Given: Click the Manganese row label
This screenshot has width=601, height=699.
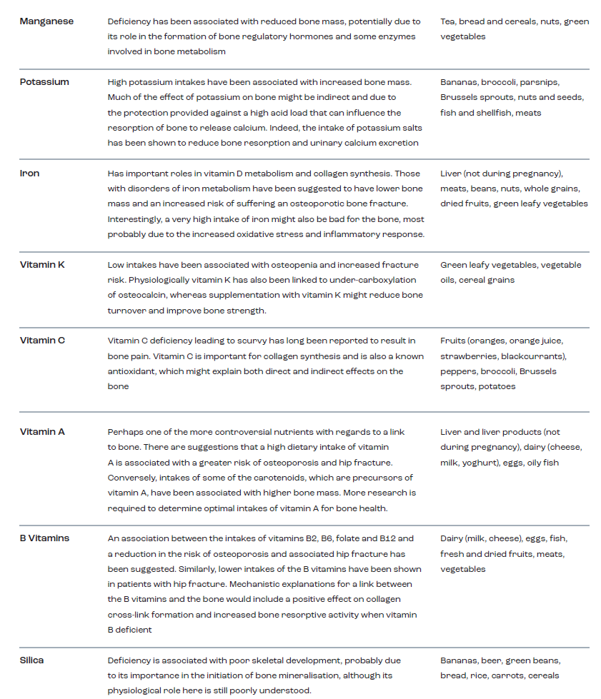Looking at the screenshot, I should [x=46, y=21].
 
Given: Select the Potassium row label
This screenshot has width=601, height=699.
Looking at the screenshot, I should [x=44, y=81].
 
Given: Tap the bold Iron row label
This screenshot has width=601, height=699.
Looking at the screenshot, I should [x=29, y=173].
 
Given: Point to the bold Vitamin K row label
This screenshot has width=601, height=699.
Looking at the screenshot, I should [x=42, y=264].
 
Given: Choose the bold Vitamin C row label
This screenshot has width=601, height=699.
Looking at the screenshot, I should [x=42, y=340].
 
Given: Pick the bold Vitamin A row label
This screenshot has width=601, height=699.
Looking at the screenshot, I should [x=42, y=431].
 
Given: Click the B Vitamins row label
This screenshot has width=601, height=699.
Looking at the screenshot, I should [x=44, y=538].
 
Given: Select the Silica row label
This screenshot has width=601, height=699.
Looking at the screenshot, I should [x=31, y=660].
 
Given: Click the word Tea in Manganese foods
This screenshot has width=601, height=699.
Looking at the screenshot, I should [x=448, y=21].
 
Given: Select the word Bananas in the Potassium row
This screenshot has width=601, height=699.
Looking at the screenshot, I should [x=458, y=82].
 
